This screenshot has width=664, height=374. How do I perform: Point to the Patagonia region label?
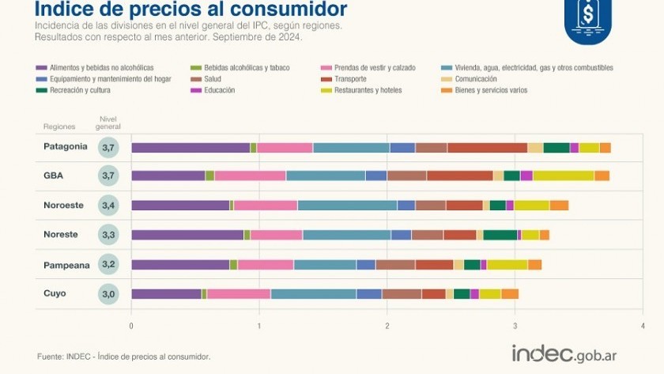(66, 146)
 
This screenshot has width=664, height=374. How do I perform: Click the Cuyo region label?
(55, 293)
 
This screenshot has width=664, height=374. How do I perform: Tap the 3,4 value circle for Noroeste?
(108, 206)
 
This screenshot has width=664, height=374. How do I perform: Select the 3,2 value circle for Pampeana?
(108, 264)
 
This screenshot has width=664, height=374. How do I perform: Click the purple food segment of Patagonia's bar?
(191, 147)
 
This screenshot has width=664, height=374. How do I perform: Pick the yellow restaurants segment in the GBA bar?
(563, 176)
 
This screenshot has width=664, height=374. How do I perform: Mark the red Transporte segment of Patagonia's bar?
(487, 147)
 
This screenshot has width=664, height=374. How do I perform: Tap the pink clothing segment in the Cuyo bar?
(239, 294)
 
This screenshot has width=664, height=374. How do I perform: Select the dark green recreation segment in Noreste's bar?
(500, 235)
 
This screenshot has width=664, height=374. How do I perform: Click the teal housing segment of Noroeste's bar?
(347, 206)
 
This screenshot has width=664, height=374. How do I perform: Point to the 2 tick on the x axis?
(387, 324)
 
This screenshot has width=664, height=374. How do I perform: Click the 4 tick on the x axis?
(643, 324)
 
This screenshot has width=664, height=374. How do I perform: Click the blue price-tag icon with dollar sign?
(588, 17)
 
